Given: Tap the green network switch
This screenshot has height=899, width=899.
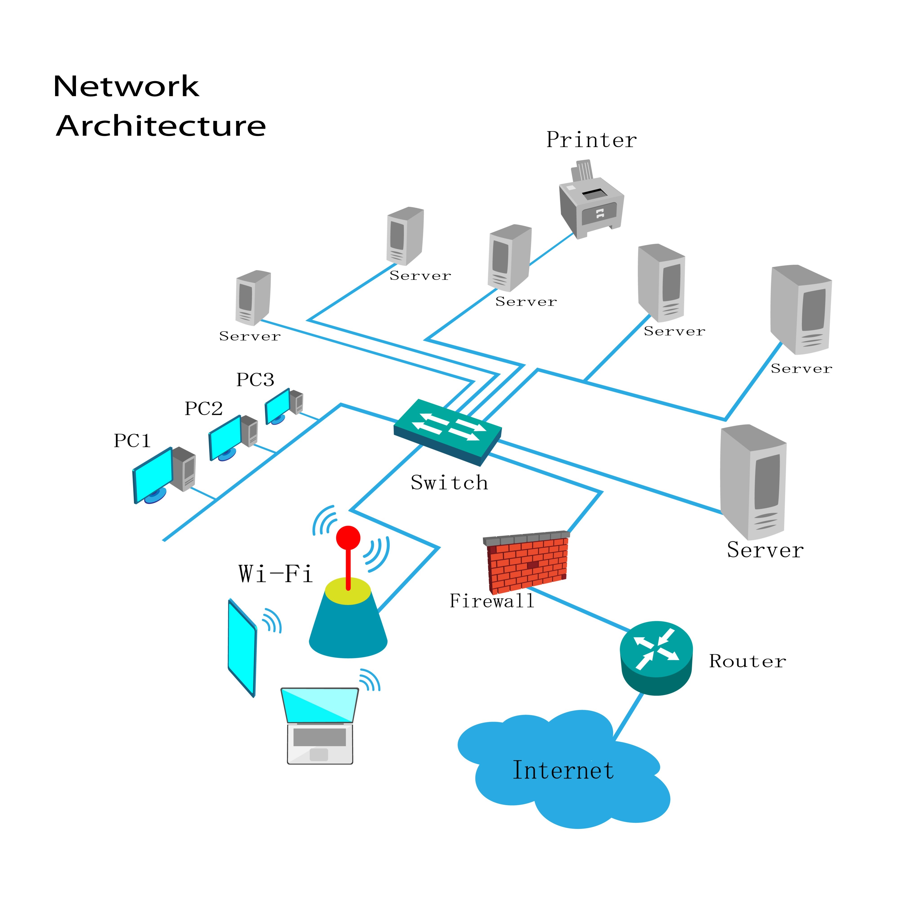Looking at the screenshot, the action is click(448, 432).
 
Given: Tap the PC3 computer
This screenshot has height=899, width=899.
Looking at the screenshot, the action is click(284, 406).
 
